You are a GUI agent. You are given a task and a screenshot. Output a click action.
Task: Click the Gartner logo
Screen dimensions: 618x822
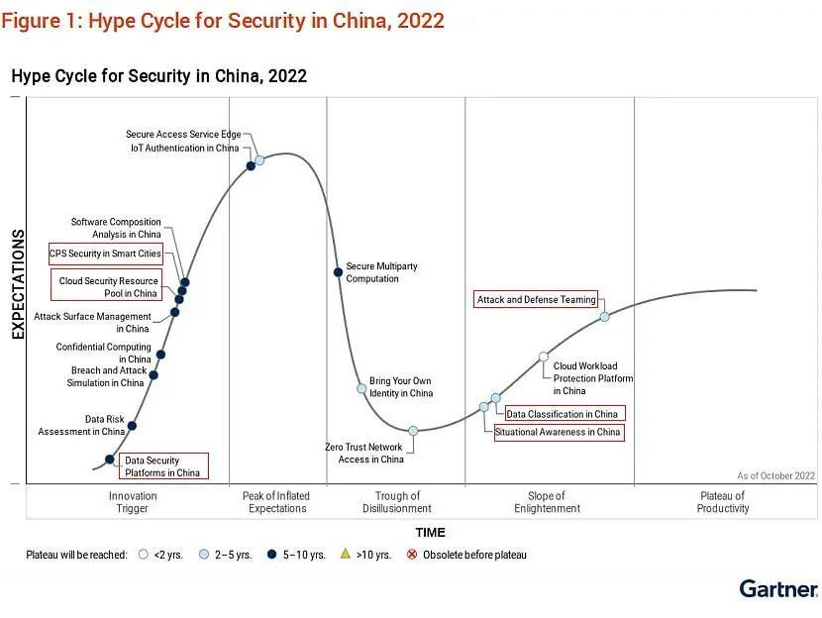778,589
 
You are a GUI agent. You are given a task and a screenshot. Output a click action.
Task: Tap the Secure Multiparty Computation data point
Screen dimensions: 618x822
338,272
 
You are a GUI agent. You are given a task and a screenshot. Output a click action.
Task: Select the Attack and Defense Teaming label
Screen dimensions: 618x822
536,299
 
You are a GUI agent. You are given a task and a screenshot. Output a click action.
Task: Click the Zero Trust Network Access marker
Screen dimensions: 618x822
413,431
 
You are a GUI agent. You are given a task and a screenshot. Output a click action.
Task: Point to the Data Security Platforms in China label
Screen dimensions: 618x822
161,466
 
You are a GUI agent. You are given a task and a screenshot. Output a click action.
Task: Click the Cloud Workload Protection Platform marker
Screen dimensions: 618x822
544,357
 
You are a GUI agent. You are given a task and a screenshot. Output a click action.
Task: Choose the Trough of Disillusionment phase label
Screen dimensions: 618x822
397,502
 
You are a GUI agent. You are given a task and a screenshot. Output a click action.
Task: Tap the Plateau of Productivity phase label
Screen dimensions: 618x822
722,502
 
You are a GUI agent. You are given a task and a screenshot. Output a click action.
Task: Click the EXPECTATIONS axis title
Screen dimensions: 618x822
18,284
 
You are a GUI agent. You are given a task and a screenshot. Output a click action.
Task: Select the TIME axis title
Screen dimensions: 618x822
430,533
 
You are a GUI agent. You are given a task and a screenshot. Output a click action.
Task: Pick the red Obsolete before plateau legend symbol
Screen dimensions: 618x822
413,555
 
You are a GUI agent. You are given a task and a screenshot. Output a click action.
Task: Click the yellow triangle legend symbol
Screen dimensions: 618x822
347,555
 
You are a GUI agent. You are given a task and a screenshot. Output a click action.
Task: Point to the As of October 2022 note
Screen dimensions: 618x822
775,476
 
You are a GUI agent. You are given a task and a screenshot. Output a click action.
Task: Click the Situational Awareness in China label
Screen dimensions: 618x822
559,432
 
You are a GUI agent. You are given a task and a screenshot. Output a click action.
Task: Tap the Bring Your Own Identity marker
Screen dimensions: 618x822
361,388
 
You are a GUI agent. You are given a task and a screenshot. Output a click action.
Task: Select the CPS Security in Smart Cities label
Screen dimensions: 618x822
105,254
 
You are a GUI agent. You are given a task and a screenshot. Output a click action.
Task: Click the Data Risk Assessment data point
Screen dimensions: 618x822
132,426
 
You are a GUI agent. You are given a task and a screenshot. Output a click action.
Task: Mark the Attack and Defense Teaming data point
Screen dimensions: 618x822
604,317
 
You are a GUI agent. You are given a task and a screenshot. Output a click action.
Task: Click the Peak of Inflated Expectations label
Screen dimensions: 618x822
276,502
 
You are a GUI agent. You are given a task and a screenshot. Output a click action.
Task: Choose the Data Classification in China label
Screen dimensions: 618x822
564,414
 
